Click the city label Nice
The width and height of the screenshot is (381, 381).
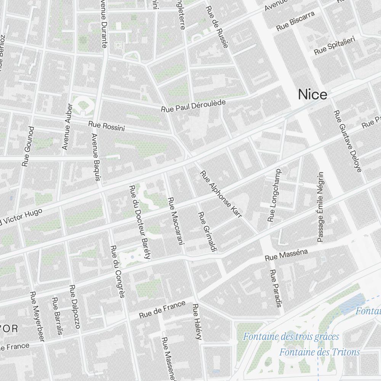(x=312, y=94)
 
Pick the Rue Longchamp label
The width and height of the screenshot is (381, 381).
(x=274, y=195)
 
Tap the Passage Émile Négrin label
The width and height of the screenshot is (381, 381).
(x=320, y=207)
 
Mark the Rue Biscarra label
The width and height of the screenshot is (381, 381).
(x=296, y=21)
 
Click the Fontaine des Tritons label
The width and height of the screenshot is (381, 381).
(x=319, y=352)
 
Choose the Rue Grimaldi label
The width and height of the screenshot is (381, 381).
(x=207, y=232)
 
